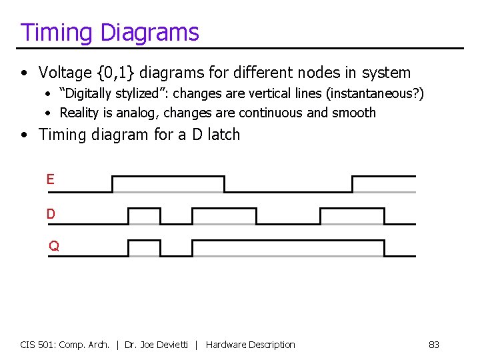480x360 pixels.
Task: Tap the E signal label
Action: point(51,179)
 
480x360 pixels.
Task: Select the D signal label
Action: point(51,214)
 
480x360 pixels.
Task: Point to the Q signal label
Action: point(54,246)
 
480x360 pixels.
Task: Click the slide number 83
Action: point(434,345)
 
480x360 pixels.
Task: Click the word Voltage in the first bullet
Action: point(67,72)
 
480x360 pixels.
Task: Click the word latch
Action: point(223,134)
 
